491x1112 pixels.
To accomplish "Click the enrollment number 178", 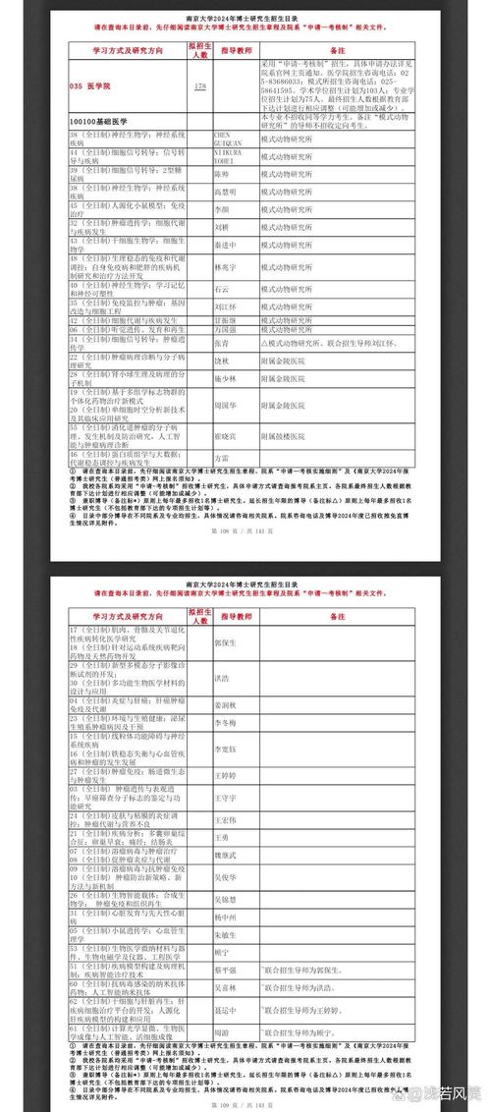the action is [x=200, y=86].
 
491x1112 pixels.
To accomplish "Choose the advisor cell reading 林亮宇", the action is [x=226, y=266].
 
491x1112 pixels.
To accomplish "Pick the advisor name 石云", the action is [x=222, y=289].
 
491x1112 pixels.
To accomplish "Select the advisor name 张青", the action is [x=222, y=343].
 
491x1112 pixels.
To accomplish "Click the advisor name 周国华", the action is [x=226, y=404].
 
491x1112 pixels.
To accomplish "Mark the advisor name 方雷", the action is [x=222, y=457].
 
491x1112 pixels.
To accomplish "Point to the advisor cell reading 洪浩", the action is [x=222, y=677].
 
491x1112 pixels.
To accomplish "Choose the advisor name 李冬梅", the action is [x=226, y=722].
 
